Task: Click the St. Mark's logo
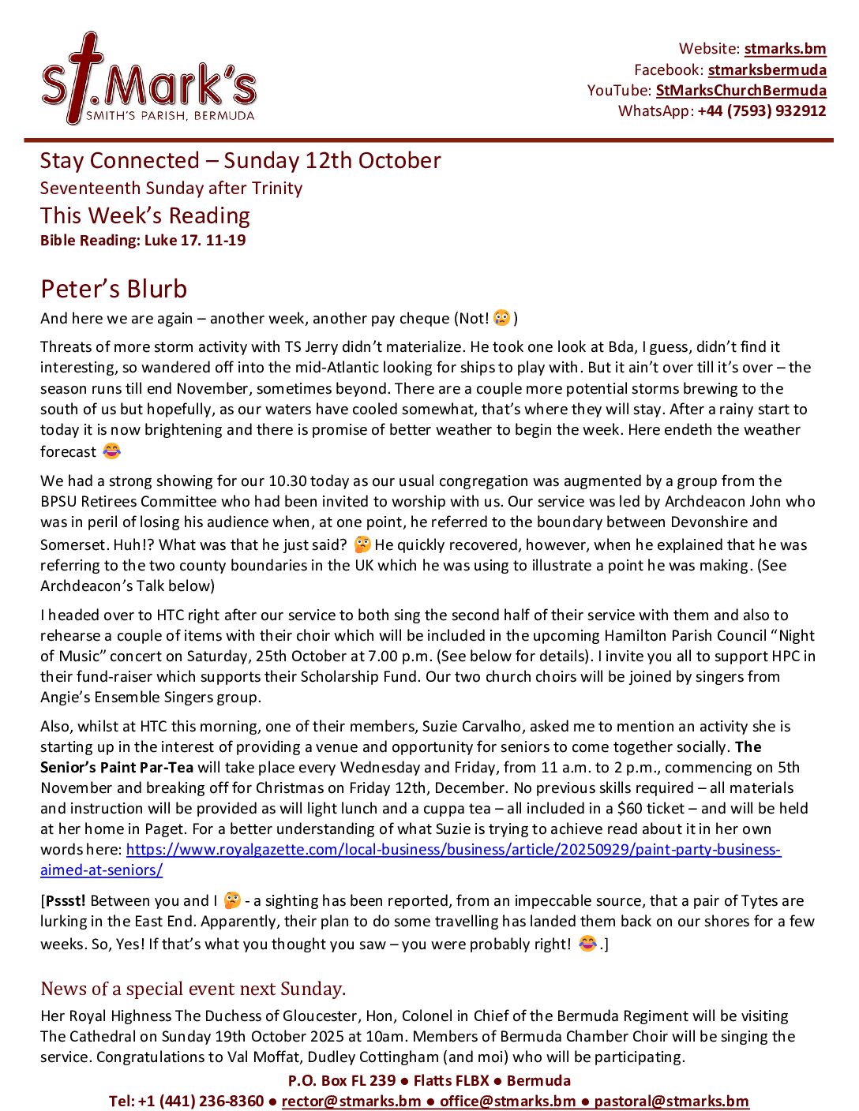coord(148,80)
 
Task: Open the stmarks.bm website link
coord(785,49)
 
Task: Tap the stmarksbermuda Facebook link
coord(767,69)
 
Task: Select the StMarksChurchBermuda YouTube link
coord(741,90)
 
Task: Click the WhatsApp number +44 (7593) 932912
coord(761,110)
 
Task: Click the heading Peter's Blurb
coord(114,289)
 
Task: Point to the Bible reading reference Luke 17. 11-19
coord(194,240)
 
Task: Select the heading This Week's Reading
coord(145,215)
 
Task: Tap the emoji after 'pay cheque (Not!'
coord(501,317)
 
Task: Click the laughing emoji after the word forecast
coord(112,451)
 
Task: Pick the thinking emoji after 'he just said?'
coord(362,544)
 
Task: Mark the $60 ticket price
coord(651,808)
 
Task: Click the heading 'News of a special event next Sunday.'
coord(193,989)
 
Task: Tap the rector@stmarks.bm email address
coord(351,1101)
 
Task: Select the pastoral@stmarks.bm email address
coord(671,1101)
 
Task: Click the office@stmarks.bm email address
coord(508,1101)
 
